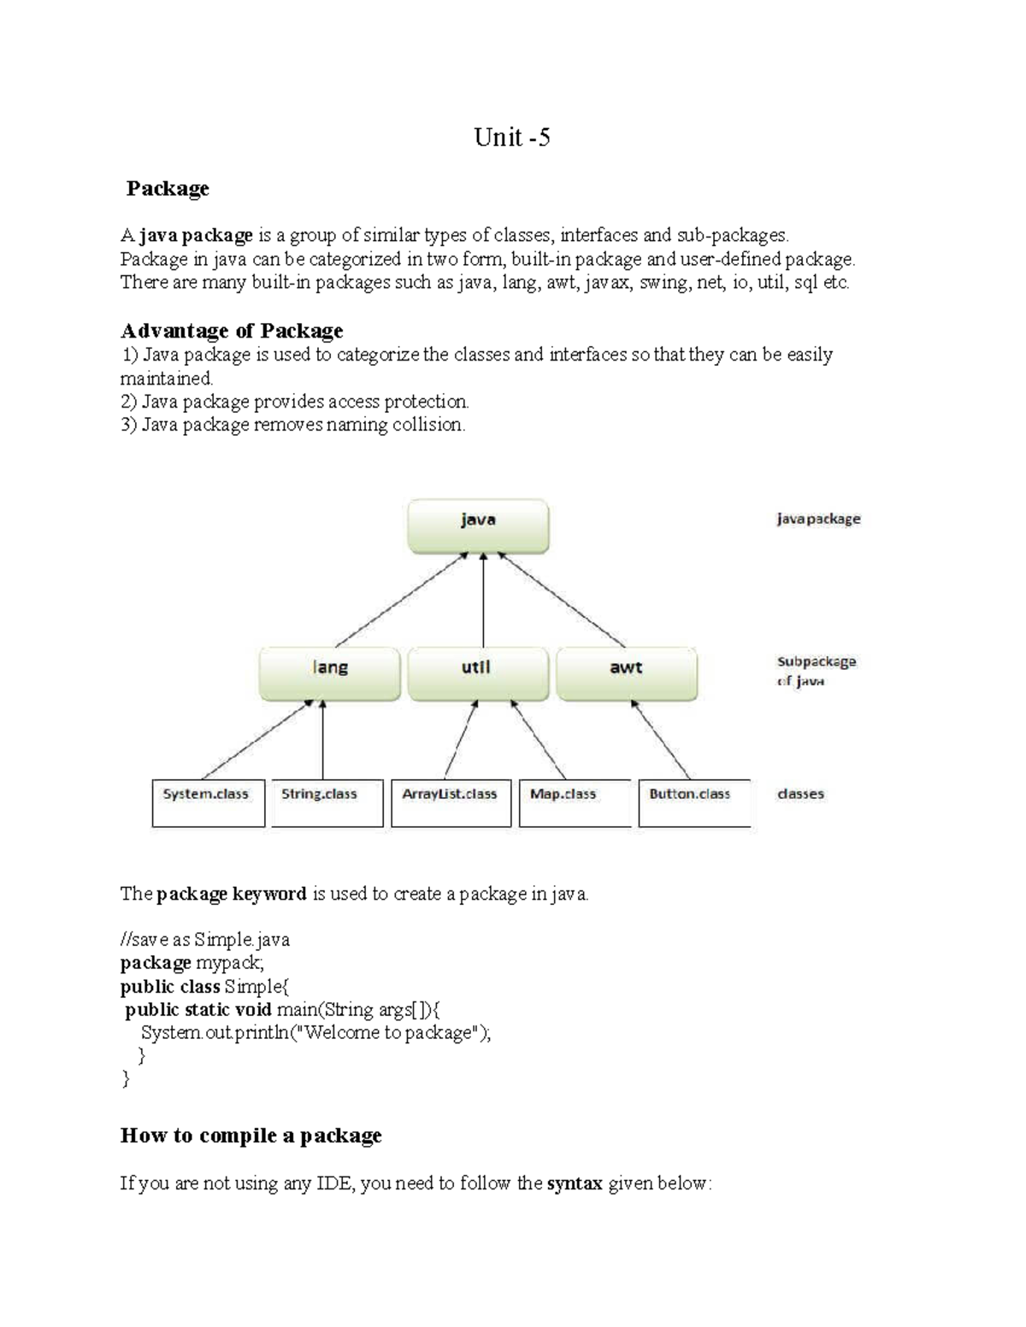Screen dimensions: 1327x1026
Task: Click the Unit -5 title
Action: tap(512, 138)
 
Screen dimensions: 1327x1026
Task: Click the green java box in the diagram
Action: tap(478, 526)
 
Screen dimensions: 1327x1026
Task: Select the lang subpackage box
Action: tap(330, 673)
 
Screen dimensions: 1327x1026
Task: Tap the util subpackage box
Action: tap(477, 673)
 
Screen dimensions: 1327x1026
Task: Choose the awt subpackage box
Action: tap(626, 673)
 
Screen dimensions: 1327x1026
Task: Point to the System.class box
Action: tap(208, 802)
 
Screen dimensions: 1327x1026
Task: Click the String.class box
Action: tap(326, 802)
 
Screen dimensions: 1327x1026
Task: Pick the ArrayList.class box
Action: tap(451, 802)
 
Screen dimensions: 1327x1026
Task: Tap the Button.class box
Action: tap(693, 802)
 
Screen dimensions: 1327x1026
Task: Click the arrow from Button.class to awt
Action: tap(659, 739)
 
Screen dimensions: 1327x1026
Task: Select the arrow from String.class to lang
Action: tap(322, 740)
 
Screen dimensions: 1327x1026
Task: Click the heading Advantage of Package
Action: tap(232, 331)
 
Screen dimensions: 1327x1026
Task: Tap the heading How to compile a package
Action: tap(251, 1136)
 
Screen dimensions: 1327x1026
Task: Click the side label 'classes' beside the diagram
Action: tap(800, 794)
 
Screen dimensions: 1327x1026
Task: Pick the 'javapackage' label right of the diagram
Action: tap(818, 519)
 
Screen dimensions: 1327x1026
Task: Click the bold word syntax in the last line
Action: tap(575, 1183)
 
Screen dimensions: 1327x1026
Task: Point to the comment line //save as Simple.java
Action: tap(205, 940)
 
